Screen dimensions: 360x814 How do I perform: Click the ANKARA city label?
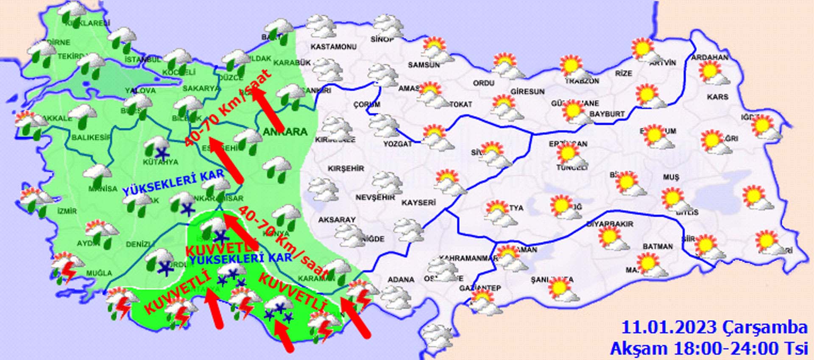[285, 132]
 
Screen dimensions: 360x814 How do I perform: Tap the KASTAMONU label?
[334, 47]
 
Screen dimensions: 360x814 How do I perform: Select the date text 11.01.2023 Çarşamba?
[714, 328]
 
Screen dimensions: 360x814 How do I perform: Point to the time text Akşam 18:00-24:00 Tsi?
[708, 348]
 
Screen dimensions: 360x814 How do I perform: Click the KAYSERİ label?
[418, 203]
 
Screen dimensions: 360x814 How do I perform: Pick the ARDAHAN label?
[710, 57]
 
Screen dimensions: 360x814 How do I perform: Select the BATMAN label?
[658, 246]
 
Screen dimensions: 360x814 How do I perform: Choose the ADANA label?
[401, 279]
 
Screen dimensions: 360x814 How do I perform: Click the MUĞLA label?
[99, 273]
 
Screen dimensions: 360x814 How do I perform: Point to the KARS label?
[717, 97]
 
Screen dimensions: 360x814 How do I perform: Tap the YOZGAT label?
[398, 144]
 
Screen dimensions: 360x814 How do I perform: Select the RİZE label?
[624, 73]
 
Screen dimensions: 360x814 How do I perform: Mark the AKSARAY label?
[337, 220]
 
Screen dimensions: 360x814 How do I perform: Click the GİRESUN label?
[527, 91]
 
